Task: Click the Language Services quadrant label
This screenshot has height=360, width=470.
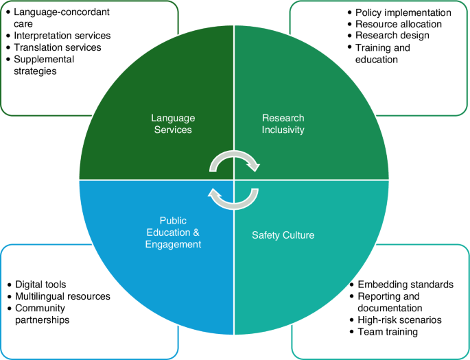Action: [x=173, y=123]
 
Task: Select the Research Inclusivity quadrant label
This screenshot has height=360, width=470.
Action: [x=283, y=123]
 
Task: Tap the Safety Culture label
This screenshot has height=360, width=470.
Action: [x=283, y=235]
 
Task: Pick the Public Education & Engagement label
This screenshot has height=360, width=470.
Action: [x=173, y=232]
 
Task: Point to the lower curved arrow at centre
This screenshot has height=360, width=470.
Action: [x=234, y=197]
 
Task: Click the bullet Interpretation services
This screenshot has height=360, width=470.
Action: [x=62, y=36]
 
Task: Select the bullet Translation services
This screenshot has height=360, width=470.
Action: [x=58, y=47]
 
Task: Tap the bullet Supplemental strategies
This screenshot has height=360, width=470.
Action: [x=48, y=64]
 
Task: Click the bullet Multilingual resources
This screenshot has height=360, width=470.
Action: [x=62, y=296]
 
